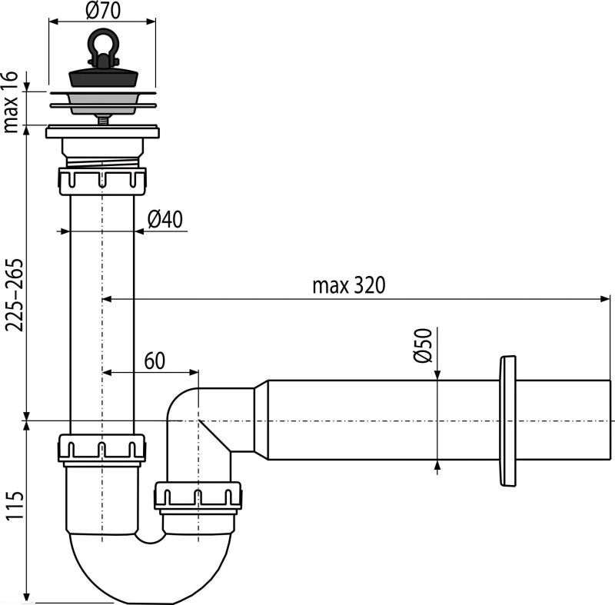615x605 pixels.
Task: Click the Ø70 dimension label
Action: (x=103, y=11)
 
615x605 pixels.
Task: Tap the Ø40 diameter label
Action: (x=165, y=219)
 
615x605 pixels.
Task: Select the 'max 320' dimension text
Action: (x=349, y=285)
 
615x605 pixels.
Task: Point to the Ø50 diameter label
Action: (x=423, y=345)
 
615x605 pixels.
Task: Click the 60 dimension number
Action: (x=155, y=361)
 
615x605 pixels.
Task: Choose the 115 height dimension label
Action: (x=15, y=506)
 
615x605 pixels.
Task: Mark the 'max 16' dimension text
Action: (x=10, y=102)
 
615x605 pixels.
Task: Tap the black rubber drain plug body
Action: (x=104, y=77)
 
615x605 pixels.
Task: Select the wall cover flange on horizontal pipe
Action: (x=507, y=421)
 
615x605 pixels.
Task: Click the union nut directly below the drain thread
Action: (x=102, y=181)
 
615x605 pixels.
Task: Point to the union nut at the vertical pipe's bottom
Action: (x=102, y=447)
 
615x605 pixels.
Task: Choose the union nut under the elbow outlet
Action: (x=198, y=496)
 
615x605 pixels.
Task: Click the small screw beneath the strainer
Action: (x=103, y=121)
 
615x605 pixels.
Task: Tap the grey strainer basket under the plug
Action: (x=104, y=103)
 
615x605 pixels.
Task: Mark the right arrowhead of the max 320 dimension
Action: (x=605, y=299)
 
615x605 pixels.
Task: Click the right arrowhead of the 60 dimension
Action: (x=194, y=372)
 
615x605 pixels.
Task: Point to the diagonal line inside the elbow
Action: (x=214, y=436)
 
